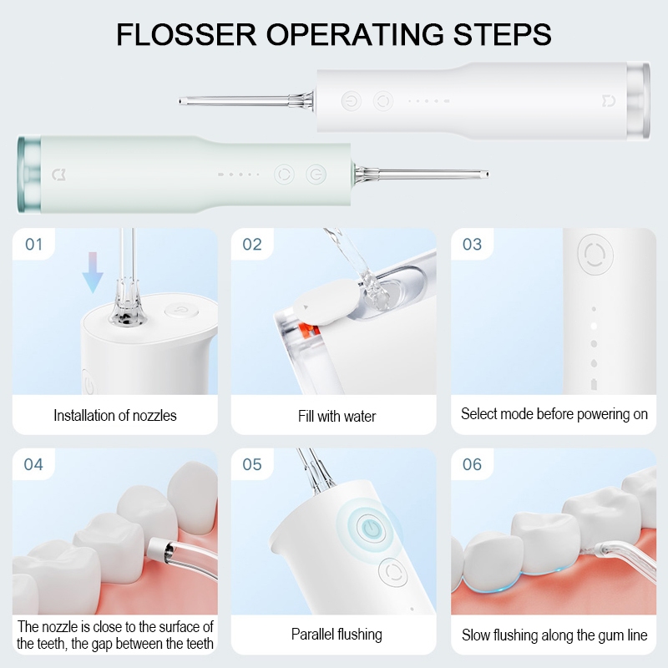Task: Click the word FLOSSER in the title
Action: pos(186,34)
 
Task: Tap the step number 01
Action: pos(33,245)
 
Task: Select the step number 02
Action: pos(252,245)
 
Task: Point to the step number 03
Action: pos(472,245)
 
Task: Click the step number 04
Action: pos(33,464)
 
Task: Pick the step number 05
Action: pos(252,464)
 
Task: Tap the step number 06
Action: pos(472,464)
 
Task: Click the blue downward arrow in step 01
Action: pos(93,273)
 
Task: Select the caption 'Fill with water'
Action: pos(337,416)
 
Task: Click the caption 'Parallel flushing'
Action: pos(337,635)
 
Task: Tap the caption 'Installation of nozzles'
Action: pos(115,415)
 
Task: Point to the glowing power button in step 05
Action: pos(371,529)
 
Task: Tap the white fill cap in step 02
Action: pos(326,302)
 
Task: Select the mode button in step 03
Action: pos(595,255)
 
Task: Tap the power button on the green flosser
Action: pos(316,175)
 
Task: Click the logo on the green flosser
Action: pos(58,175)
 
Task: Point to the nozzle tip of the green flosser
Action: pos(486,175)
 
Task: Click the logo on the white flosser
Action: pos(609,101)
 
